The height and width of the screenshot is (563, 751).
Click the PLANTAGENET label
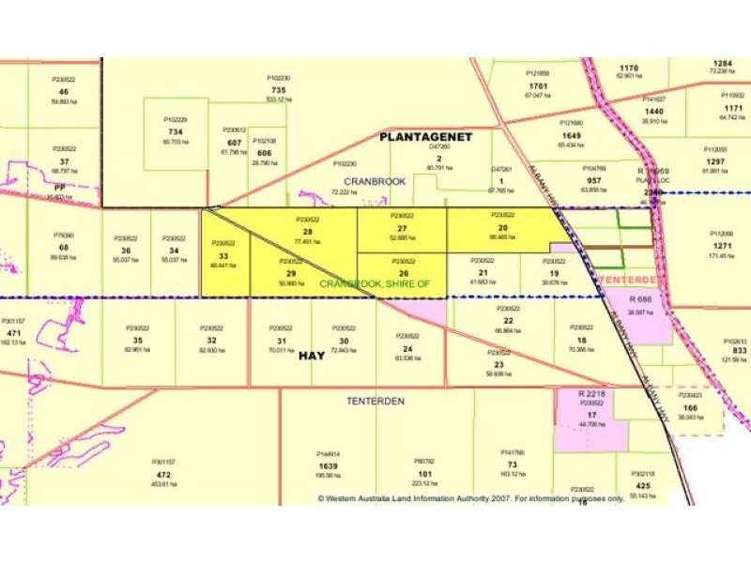point(425,137)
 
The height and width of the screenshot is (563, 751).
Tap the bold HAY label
point(312,357)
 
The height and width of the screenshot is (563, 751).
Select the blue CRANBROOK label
point(375,181)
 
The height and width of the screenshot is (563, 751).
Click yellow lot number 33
point(222,256)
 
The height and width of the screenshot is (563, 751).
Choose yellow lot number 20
point(502,228)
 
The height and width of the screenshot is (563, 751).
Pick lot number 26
point(403,274)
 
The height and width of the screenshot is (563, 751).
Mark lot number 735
point(278,89)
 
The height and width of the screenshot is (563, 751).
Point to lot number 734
point(176,131)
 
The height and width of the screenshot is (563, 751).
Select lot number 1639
point(329,464)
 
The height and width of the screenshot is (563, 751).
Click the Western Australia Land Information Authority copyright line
point(469,498)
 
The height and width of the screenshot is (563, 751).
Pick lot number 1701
point(537,84)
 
